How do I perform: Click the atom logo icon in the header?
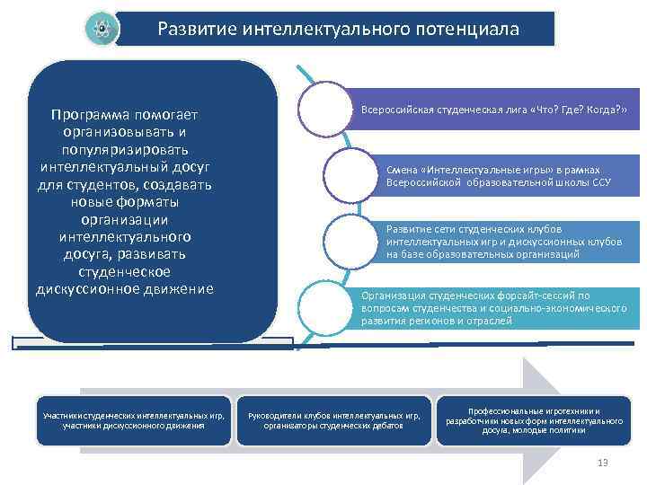pyautogui.click(x=102, y=30)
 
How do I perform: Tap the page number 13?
pyautogui.click(x=603, y=462)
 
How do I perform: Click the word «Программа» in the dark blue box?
pyautogui.click(x=91, y=115)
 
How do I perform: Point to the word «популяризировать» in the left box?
pyautogui.click(x=125, y=149)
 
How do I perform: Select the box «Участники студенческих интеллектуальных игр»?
pyautogui.click(x=134, y=420)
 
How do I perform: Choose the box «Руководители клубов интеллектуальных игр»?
pyautogui.click(x=333, y=420)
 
